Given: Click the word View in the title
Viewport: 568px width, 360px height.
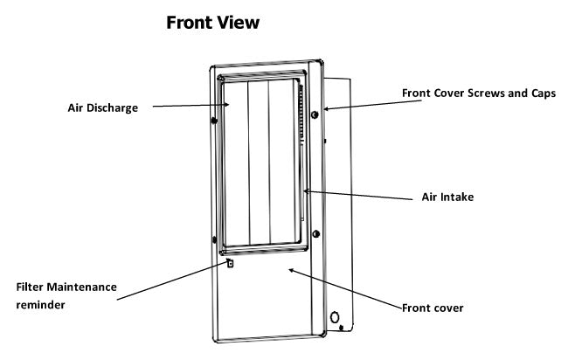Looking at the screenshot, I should [x=239, y=24].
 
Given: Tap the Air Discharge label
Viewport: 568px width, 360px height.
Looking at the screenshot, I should [x=103, y=109].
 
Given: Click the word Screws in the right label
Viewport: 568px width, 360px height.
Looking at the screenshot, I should [x=488, y=92].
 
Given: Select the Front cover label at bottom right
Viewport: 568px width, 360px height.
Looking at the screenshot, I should [x=433, y=308].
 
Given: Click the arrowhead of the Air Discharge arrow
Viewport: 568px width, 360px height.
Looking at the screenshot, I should [x=230, y=104].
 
